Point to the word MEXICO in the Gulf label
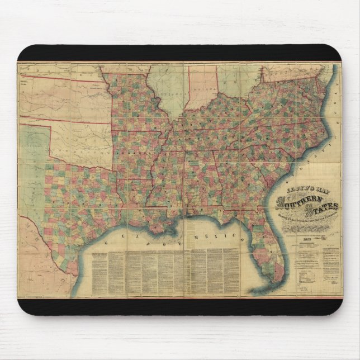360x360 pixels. point(210,240)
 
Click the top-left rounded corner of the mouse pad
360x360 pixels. point(21,48)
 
